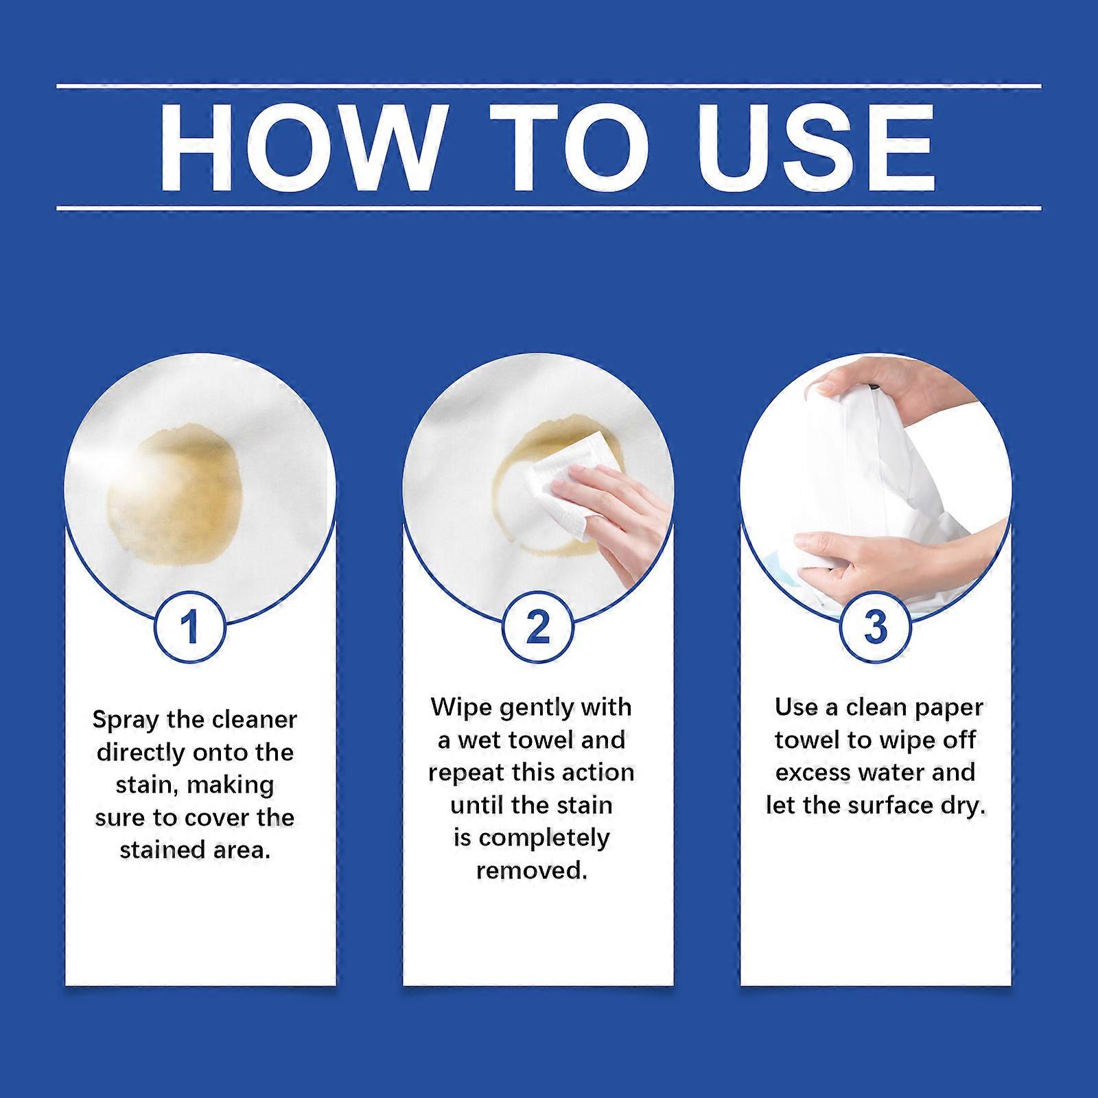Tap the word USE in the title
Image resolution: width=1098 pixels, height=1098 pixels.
(816, 148)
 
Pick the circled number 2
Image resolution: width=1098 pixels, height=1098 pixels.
(537, 627)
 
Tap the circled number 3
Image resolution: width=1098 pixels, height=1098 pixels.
(876, 627)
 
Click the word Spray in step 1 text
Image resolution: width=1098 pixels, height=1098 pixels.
(126, 720)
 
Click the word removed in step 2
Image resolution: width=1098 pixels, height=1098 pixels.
(531, 870)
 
